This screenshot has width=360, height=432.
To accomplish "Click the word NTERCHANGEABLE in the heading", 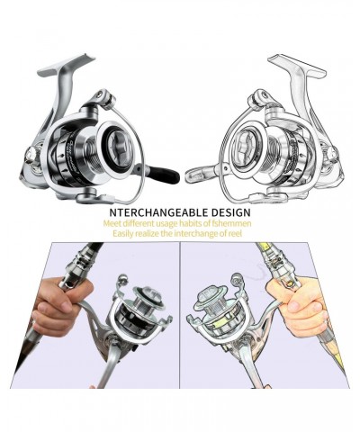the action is [x=159, y=212].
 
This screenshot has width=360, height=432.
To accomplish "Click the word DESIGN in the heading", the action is [x=231, y=212].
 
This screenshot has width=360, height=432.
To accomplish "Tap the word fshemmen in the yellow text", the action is [x=236, y=223].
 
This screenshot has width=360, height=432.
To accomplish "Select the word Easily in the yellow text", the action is [x=123, y=234].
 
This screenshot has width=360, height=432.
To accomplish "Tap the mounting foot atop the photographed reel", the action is [x=67, y=65].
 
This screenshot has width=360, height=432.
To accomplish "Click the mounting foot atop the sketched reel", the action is [x=297, y=65].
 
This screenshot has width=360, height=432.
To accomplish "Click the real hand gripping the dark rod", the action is [x=61, y=306].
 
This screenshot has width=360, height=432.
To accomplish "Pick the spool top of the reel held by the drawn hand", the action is [x=210, y=298].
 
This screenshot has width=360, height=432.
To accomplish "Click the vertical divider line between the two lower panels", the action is [x=180, y=315].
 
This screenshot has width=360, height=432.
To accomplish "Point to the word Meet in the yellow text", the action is [x=112, y=223].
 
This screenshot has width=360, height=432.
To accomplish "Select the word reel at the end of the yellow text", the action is [x=235, y=233].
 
